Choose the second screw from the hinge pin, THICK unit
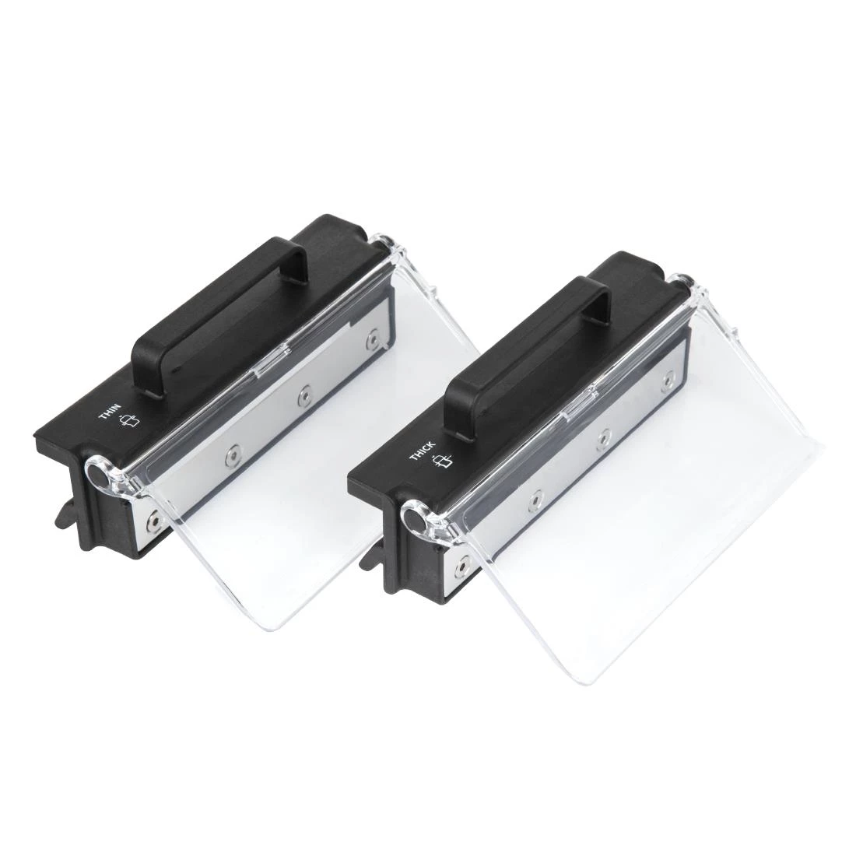coord(536,496)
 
